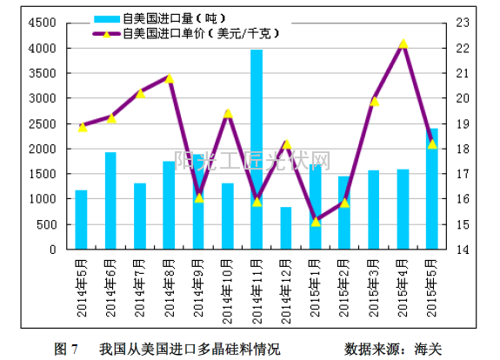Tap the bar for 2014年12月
[x=286, y=228]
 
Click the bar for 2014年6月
[x=110, y=201]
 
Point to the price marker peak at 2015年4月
[x=403, y=43]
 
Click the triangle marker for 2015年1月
[x=316, y=222]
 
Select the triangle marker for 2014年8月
[x=170, y=78]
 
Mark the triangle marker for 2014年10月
[x=228, y=113]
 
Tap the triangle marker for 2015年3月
[x=374, y=101]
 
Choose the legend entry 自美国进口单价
[x=183, y=34]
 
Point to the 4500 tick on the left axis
[x=43, y=24]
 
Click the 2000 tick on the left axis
[x=43, y=150]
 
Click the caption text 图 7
[x=66, y=349]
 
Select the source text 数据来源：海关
[x=393, y=349]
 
